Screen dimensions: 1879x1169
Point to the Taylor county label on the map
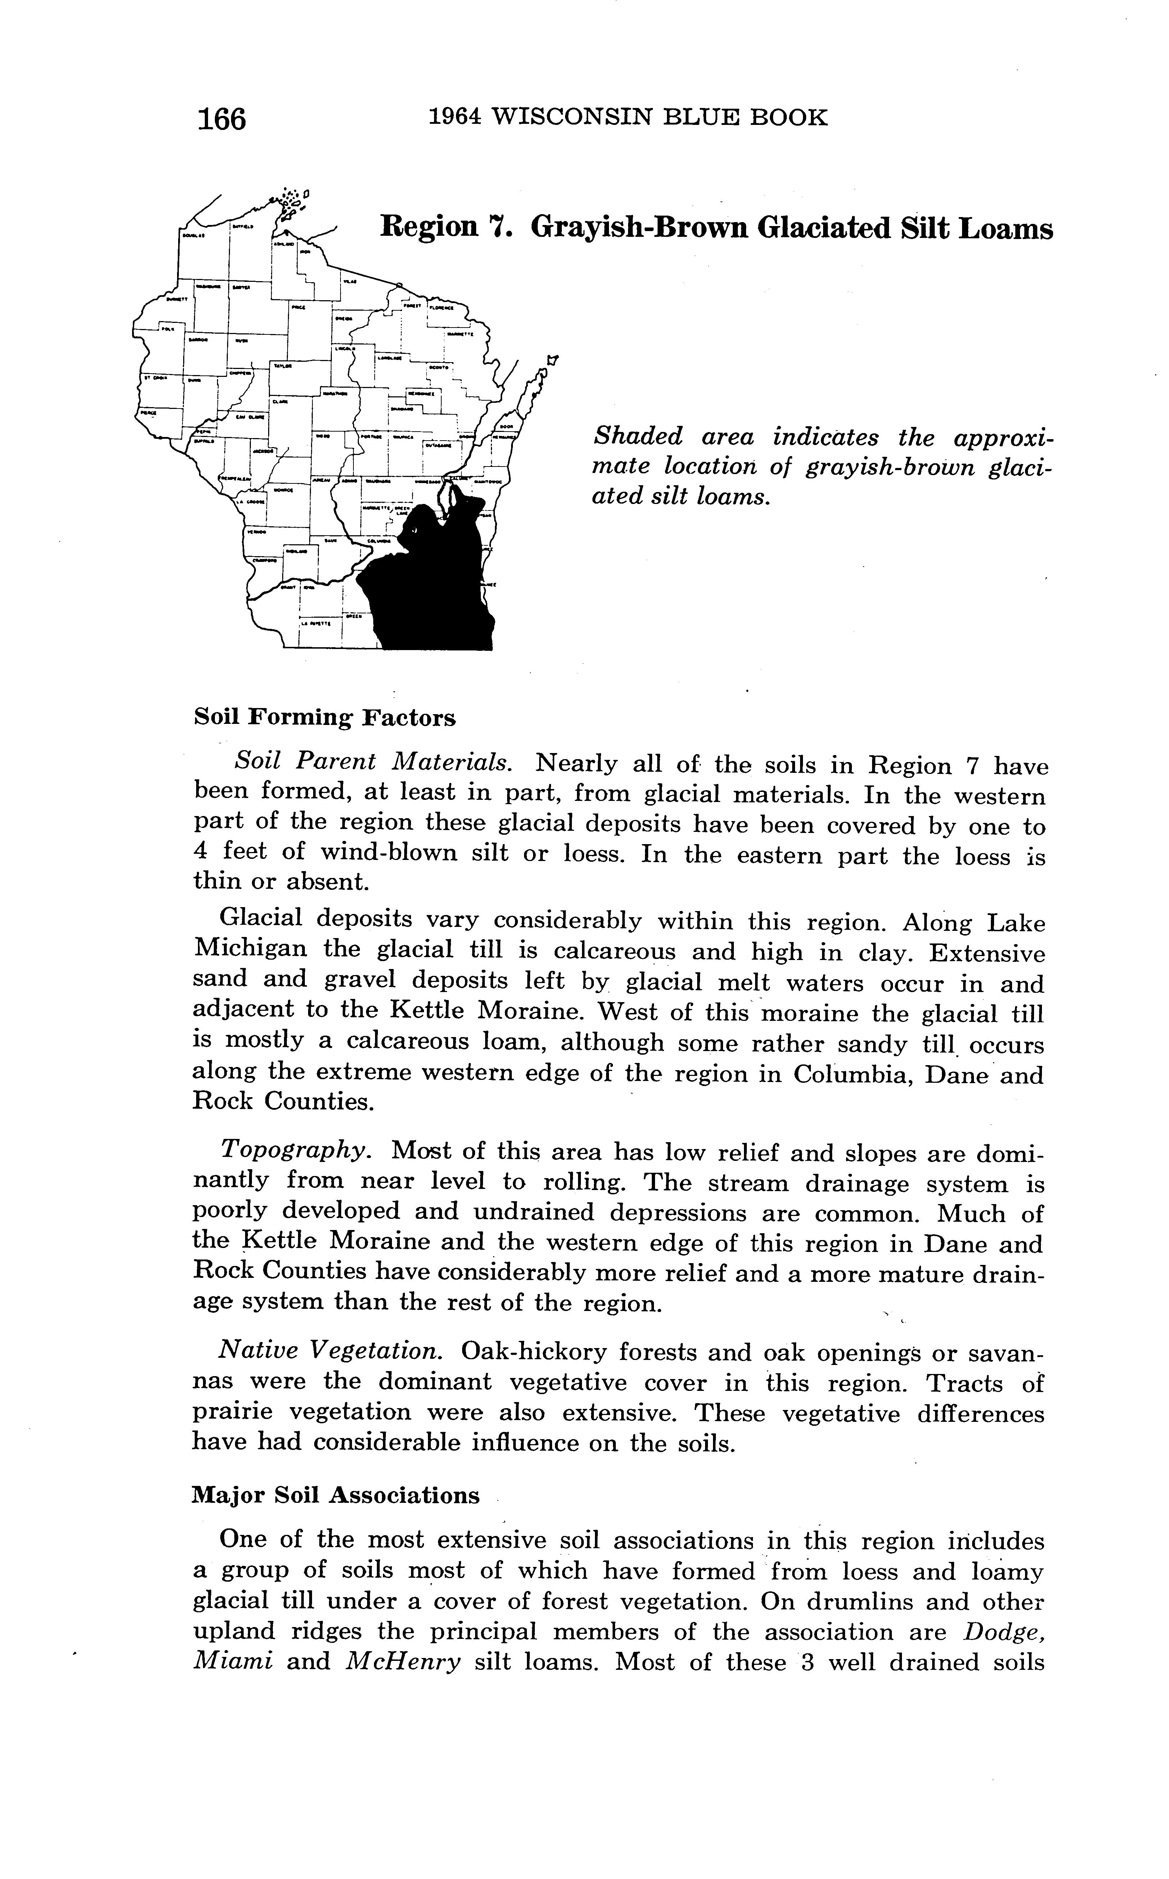tap(283, 366)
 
